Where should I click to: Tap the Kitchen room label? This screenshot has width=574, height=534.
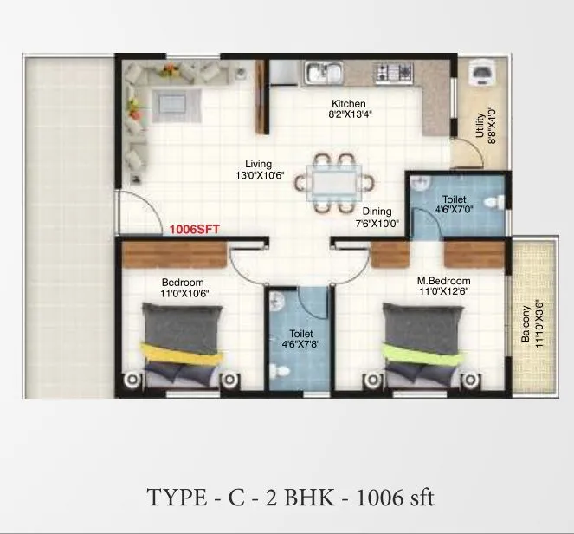coord(349,103)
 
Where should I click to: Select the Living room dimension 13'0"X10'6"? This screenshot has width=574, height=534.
coord(258,174)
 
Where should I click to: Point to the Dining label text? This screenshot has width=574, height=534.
coord(377,211)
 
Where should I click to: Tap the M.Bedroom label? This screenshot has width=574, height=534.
coord(443,281)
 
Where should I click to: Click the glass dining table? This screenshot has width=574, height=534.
coord(333,181)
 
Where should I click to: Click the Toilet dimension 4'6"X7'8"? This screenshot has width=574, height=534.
coord(300,344)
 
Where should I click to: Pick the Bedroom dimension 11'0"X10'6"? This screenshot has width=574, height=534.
coord(182,293)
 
